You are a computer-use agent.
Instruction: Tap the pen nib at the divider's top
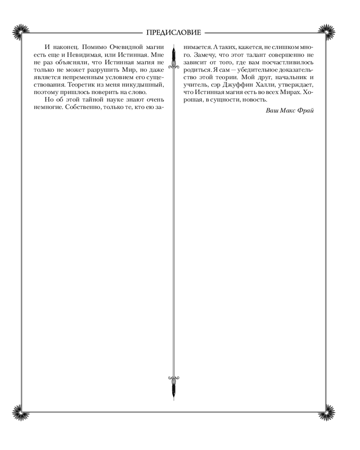click(173, 54)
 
